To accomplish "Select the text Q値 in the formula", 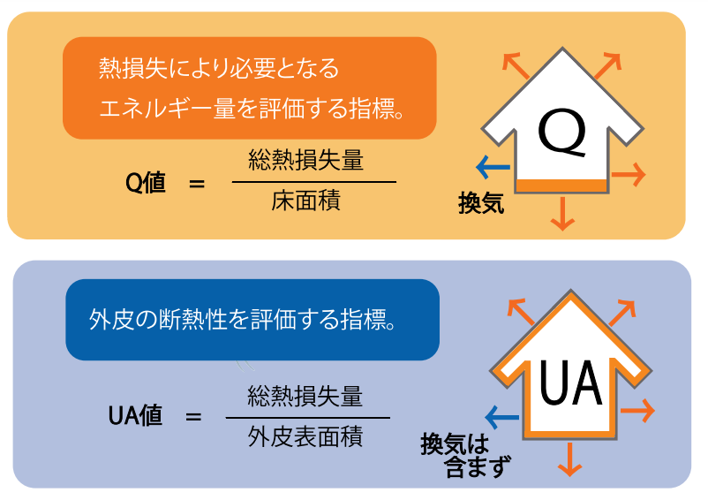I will click(x=146, y=184).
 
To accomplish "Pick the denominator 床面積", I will click(x=305, y=201).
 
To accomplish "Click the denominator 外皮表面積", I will click(x=305, y=436).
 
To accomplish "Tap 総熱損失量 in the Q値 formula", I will click(x=305, y=162).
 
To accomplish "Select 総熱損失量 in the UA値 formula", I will click(x=305, y=395).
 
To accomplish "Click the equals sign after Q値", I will click(x=196, y=185).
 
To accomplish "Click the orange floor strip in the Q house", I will click(x=561, y=186).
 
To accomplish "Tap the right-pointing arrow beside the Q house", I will click(x=629, y=174).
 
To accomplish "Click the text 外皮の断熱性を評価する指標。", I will click(x=243, y=320).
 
